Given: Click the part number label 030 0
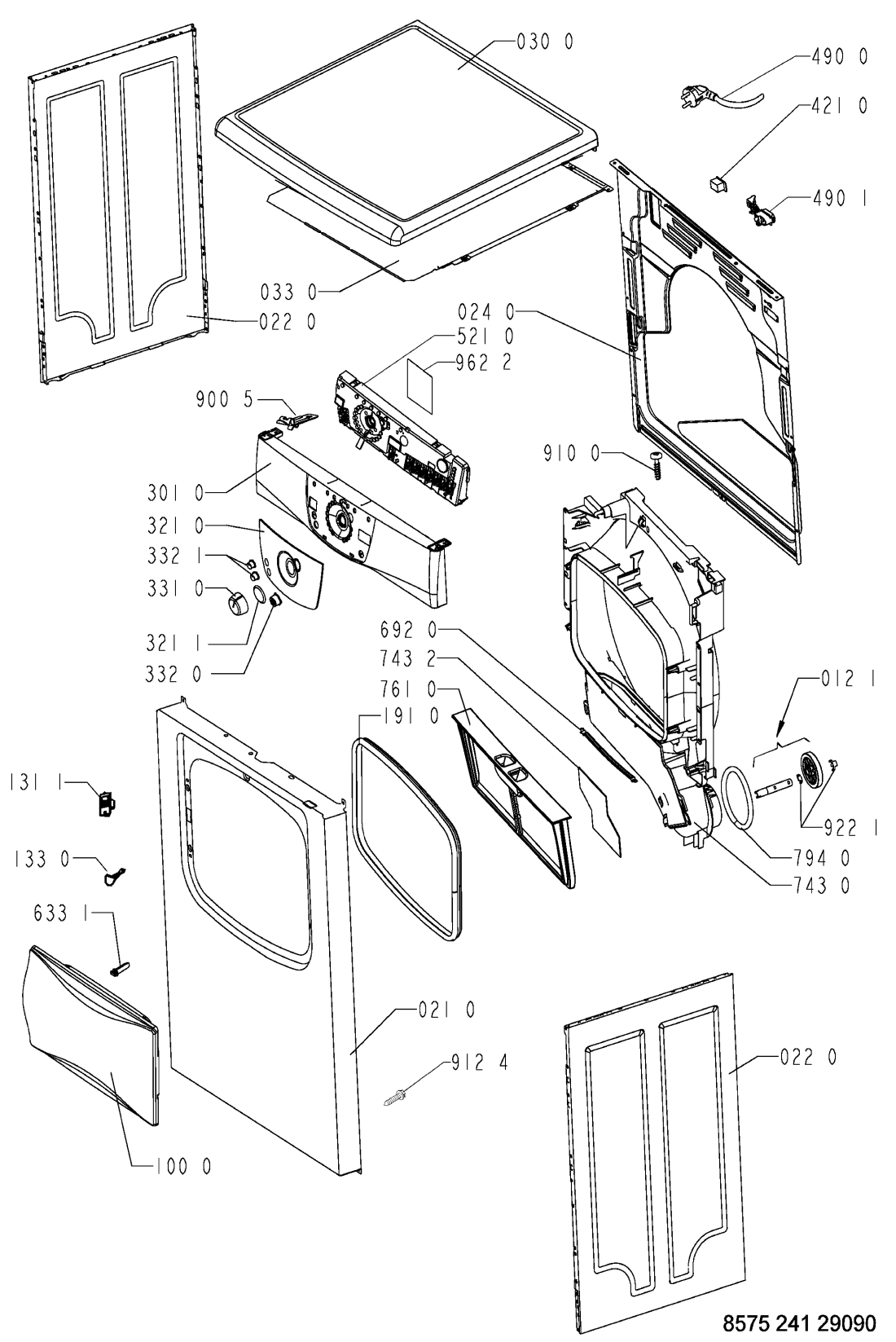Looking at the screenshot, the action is [x=544, y=42].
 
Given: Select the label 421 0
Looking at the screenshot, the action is [x=839, y=106].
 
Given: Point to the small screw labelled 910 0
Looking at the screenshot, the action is [x=657, y=464].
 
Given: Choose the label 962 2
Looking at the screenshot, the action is [x=483, y=363].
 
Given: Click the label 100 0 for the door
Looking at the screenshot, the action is [x=183, y=1167].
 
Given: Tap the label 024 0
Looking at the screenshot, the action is [x=485, y=311].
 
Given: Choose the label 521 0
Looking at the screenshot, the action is [x=485, y=337].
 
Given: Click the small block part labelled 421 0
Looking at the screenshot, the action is [x=715, y=182].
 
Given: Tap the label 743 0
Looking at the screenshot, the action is [x=822, y=885].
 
